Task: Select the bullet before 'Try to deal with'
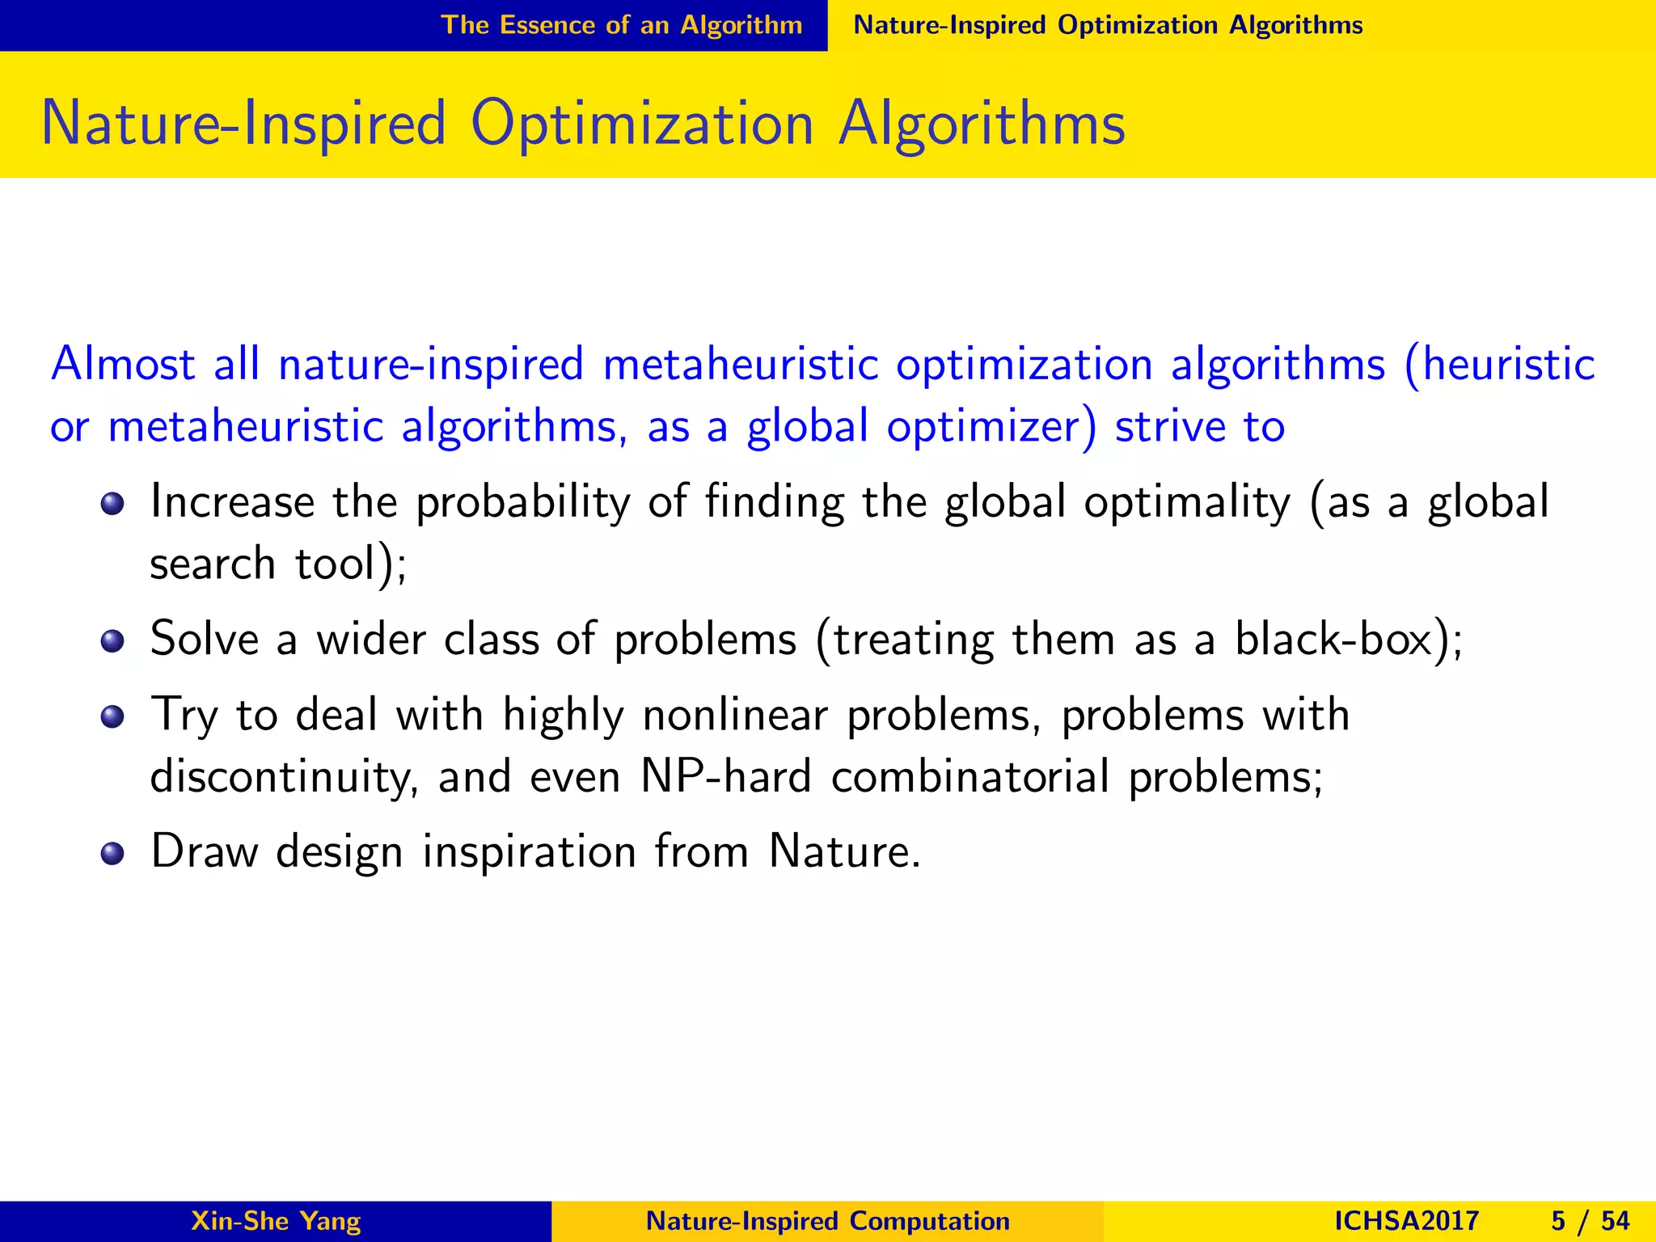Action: click(112, 717)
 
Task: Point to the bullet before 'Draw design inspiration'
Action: click(112, 854)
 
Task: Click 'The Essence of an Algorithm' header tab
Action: click(621, 25)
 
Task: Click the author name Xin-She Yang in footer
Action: click(276, 1221)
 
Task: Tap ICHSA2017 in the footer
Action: click(1406, 1221)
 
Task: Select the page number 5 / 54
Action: click(1590, 1221)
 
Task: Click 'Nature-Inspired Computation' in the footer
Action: click(827, 1221)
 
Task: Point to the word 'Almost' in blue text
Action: click(123, 364)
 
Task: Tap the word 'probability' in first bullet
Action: click(522, 503)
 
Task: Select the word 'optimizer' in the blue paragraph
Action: click(991, 427)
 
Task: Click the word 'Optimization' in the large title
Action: click(642, 125)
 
